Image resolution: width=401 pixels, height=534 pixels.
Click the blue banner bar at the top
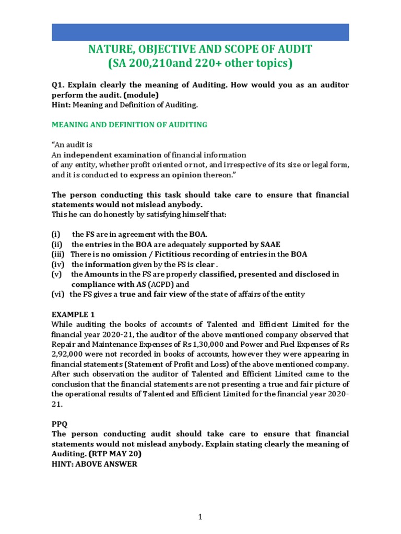(200, 32)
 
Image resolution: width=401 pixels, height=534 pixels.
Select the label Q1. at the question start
(58, 84)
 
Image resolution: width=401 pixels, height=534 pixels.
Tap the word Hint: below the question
(61, 105)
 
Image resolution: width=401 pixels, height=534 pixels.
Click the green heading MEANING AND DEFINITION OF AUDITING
(129, 125)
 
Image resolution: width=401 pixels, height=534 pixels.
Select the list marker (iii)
(58, 254)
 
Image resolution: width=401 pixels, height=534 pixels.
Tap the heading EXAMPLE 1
(74, 314)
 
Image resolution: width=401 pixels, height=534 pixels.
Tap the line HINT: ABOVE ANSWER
(94, 464)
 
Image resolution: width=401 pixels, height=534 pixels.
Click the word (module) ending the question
(140, 95)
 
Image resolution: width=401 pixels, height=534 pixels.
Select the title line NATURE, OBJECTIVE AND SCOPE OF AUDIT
(200, 50)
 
